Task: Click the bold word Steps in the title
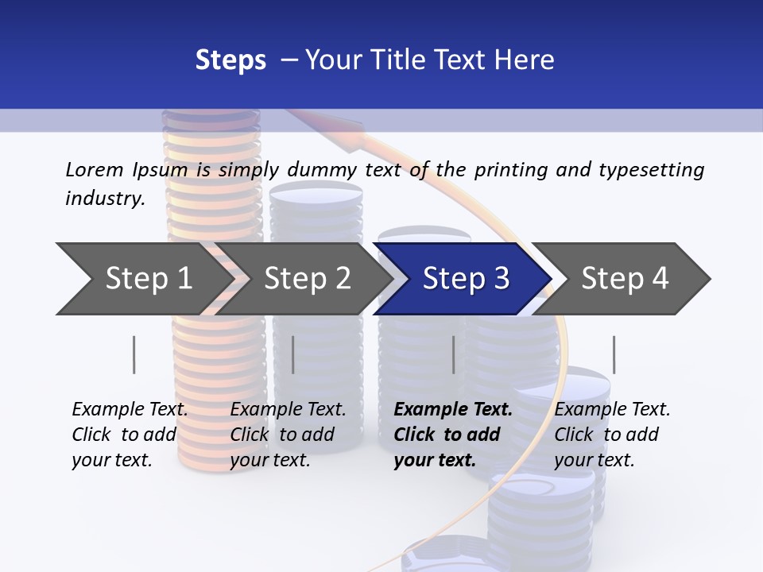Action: (x=230, y=60)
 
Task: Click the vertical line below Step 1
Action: (x=134, y=354)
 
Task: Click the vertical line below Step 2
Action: (x=293, y=354)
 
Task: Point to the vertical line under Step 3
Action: (x=453, y=354)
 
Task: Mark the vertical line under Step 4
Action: (x=614, y=354)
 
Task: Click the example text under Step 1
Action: (x=130, y=435)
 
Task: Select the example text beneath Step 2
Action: (x=288, y=435)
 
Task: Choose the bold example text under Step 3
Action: (x=453, y=435)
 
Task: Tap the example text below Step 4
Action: (x=612, y=435)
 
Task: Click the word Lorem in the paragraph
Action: (x=94, y=169)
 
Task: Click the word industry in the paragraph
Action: (x=103, y=198)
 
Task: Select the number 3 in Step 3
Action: (x=501, y=279)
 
